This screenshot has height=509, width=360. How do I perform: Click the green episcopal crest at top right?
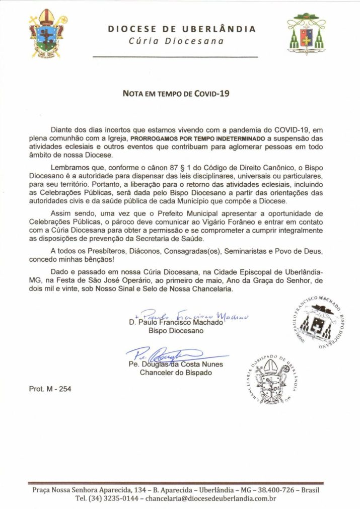(x=307, y=34)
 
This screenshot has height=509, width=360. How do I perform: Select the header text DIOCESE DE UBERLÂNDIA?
(x=181, y=29)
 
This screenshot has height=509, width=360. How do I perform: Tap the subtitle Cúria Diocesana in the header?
(x=181, y=41)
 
